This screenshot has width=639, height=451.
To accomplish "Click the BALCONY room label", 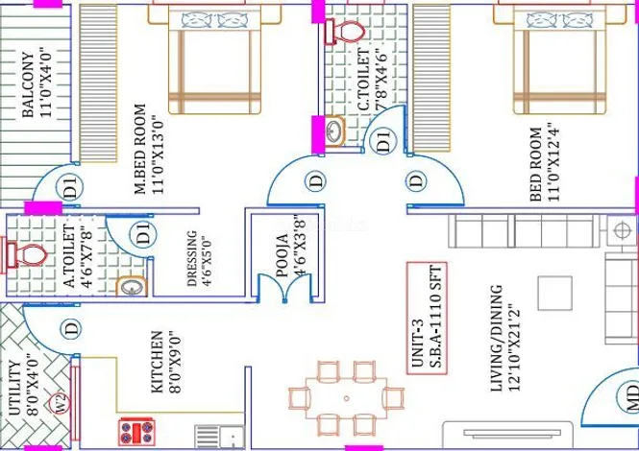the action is coord(27,84).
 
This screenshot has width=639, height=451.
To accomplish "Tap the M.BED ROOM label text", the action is coord(140,149).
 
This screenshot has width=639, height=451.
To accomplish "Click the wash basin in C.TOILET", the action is coord(334,131).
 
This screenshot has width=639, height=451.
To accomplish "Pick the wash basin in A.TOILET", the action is coord(132,287).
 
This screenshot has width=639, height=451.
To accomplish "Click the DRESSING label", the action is coord(191,258).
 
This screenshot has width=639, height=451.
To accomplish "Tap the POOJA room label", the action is coord(283,255).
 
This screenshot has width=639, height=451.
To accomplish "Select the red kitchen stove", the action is coord(136,432).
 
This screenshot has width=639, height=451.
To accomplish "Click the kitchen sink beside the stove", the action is coord(219,438).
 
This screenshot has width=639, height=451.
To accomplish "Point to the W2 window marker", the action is coord(60,403).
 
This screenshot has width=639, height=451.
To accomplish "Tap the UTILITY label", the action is coord(13,388).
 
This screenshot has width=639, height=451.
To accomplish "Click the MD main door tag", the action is coord(631,397).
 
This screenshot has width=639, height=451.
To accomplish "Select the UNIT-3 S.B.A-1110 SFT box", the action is coord(427,319).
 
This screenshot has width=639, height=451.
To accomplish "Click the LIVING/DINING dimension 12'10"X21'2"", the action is coord(514,347).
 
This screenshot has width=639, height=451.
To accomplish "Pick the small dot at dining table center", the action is coord(346,398).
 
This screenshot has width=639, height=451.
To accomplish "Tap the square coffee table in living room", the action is coord(554,293).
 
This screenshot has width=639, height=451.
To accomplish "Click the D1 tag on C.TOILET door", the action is coord(383,140).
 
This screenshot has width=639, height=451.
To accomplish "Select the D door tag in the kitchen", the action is coord(71,329).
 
